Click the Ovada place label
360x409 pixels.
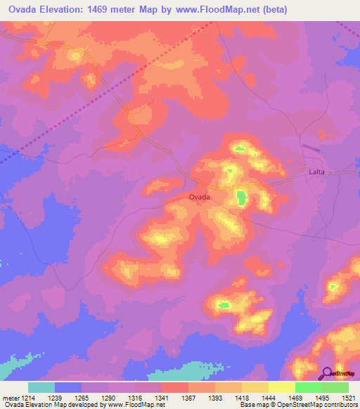(200, 197)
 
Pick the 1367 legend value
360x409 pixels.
(188, 397)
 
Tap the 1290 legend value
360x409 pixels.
(108, 397)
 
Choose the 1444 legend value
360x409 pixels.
(268, 397)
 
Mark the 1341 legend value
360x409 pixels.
(161, 397)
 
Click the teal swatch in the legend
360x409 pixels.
(41, 387)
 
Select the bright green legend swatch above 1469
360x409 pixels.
(308, 387)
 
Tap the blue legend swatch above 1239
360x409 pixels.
(68, 387)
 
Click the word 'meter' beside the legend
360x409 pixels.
(9, 397)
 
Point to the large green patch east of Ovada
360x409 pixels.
(241, 198)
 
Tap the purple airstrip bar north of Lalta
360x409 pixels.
(311, 148)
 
